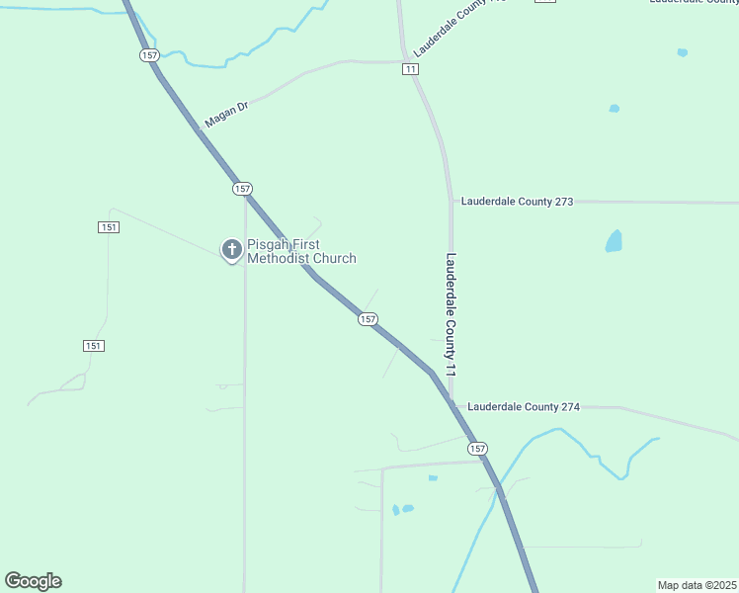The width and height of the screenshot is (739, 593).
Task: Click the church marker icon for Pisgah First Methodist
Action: pos(231,248)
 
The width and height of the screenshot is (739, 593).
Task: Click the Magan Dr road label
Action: pos(224,114)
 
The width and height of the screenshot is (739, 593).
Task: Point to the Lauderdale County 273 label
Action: pos(517,202)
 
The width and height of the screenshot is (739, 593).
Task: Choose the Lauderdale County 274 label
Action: pos(523,406)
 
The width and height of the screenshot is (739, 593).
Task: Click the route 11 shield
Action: pos(410,69)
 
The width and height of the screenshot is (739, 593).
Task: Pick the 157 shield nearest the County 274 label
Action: pos(478,449)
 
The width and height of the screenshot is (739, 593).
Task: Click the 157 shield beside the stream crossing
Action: pos(149,55)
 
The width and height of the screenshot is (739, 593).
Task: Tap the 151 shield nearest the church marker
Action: pos(109,227)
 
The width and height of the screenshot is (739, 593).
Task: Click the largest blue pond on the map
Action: pos(614,240)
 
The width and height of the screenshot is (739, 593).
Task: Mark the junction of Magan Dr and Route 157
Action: pos(197,127)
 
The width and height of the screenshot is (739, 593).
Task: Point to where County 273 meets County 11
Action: pos(452,202)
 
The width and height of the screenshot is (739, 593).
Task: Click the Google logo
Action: pos(33,581)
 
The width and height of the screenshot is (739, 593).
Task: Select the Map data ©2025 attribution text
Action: pos(697,585)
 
